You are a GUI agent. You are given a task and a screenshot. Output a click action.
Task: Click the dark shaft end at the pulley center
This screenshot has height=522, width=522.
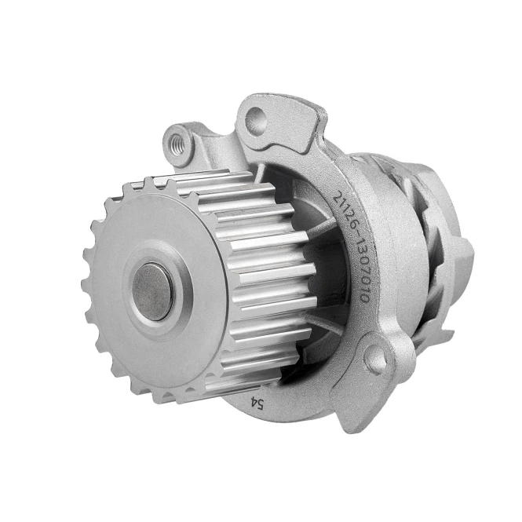153,292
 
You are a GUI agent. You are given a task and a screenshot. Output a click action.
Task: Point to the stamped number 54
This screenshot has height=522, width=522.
257,404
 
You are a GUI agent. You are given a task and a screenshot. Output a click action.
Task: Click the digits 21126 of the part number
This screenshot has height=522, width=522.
344,209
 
